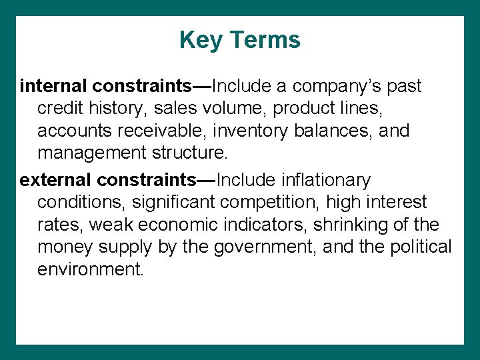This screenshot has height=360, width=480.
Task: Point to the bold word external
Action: coord(56,180)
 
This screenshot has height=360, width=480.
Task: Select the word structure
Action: coord(194,154)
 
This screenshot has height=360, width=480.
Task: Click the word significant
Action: coord(163,203)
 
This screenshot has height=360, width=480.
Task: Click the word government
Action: coord(265,248)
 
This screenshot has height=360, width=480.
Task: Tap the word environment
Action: coord(91,271)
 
